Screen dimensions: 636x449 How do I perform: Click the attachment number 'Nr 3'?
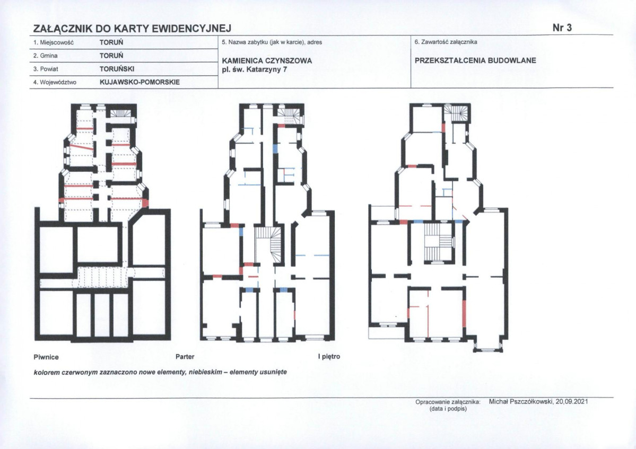click(562, 28)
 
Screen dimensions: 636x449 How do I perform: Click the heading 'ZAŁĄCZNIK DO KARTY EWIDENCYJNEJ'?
click(132, 29)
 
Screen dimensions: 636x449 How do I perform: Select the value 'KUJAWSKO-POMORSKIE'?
click(140, 82)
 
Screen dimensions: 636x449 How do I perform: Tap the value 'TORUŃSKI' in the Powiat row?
click(117, 69)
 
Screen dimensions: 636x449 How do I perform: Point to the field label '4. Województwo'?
click(55, 82)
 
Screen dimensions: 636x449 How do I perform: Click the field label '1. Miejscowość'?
click(54, 42)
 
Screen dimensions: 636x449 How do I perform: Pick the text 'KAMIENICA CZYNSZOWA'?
click(267, 61)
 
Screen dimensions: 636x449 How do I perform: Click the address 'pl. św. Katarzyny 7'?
click(254, 69)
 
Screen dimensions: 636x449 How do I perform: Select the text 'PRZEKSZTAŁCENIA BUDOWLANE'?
click(475, 60)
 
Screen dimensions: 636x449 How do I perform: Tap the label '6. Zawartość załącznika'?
click(446, 42)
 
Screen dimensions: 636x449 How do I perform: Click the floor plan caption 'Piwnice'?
click(46, 357)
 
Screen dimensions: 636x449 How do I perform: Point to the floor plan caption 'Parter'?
click(185, 357)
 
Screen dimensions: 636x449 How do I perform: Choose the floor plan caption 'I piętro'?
click(329, 357)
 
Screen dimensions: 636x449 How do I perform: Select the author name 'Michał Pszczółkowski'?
click(521, 402)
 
